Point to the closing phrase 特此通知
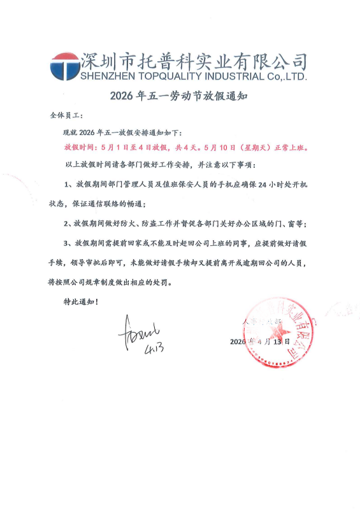pos(74,301)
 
